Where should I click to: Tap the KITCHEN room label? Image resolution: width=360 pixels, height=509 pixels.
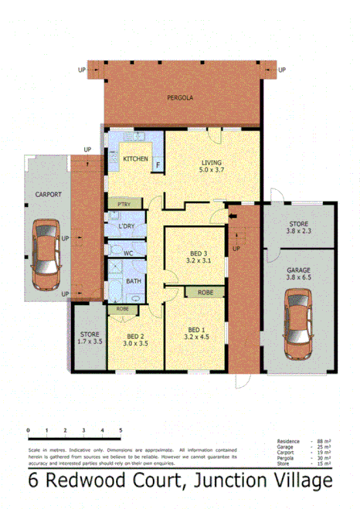(135, 159)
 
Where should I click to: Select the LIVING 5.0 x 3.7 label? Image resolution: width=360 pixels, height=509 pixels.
(211, 167)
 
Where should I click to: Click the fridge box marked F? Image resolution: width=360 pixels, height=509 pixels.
(158, 164)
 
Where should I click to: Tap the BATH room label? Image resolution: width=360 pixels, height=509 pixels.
(133, 281)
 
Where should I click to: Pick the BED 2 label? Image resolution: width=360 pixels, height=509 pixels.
(137, 340)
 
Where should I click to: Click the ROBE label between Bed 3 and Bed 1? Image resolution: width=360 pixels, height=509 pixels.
(205, 294)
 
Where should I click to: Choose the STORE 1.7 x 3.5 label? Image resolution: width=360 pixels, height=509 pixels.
(89, 337)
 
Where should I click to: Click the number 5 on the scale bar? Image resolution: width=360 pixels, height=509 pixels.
(120, 429)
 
